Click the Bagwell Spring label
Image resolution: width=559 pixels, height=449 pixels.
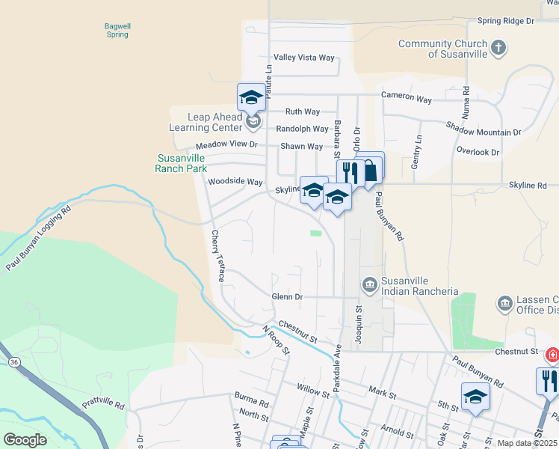117,30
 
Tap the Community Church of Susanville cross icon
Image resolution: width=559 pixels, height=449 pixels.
498,49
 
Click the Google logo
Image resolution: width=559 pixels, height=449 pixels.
25,440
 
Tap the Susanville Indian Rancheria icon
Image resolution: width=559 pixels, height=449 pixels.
369,285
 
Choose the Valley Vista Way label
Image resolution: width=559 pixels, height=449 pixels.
304,58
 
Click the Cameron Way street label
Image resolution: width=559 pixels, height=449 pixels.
407,99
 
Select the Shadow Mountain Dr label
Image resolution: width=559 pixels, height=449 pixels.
484,129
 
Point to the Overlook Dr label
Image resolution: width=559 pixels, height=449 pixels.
478,151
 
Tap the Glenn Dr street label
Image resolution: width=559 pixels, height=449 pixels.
287,297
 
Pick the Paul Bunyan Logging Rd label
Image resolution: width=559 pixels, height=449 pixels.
37,237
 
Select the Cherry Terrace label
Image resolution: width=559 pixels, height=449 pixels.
217,255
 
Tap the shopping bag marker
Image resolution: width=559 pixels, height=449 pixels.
369,169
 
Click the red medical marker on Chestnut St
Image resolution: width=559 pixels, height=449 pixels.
552,355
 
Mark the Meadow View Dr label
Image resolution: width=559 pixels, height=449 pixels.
226,144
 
